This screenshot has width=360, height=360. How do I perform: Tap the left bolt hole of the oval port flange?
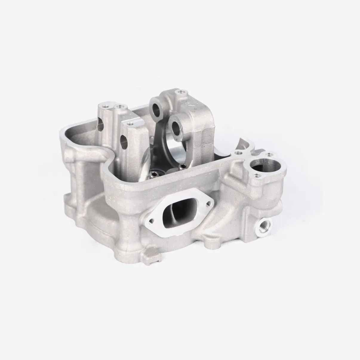coord(151,221)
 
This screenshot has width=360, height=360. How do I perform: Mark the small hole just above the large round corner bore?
coord(270,155)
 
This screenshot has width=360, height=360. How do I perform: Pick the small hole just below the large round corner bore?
coord(256,176)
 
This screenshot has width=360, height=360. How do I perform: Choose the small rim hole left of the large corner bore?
coord(238,153)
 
